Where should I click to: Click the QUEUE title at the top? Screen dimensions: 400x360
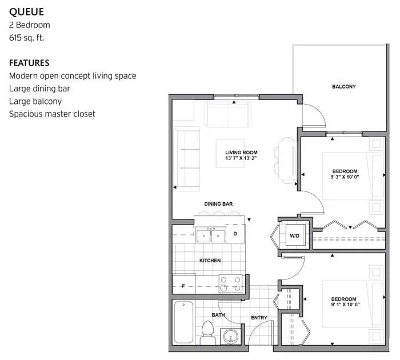click(26, 12)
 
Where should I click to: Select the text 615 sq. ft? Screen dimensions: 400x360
click(26, 38)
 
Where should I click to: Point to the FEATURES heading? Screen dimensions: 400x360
click(29, 63)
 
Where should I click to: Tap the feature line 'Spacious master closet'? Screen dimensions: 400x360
click(52, 114)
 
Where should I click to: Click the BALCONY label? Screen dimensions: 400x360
click(343, 87)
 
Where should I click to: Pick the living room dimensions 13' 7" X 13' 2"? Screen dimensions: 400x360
click(241, 158)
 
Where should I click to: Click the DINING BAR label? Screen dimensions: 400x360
click(218, 204)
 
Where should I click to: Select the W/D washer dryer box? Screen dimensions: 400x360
click(295, 235)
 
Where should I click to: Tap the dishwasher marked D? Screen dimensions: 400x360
click(235, 234)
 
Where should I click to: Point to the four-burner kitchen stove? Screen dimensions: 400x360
click(230, 283)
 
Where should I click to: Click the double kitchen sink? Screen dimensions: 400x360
click(211, 236)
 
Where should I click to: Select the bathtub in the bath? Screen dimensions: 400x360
click(183, 322)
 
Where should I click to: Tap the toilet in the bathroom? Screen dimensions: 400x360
click(207, 333)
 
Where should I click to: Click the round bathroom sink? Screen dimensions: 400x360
click(231, 336)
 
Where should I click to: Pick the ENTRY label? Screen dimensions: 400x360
click(259, 318)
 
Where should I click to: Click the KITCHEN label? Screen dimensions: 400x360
click(210, 261)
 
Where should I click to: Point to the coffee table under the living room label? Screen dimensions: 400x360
click(230, 153)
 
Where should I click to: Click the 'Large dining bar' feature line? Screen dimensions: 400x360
click(39, 89)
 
